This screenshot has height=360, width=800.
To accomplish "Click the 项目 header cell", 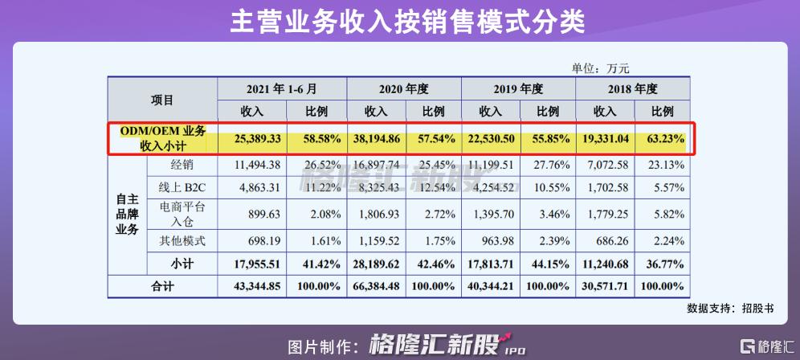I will [x=162, y=100].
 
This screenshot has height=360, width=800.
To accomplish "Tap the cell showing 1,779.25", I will [x=605, y=215].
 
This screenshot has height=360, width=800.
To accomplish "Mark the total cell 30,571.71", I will [x=605, y=287].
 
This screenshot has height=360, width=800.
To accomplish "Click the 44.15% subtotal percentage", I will [x=548, y=263].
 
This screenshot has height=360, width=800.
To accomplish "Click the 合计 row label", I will [x=162, y=287].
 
